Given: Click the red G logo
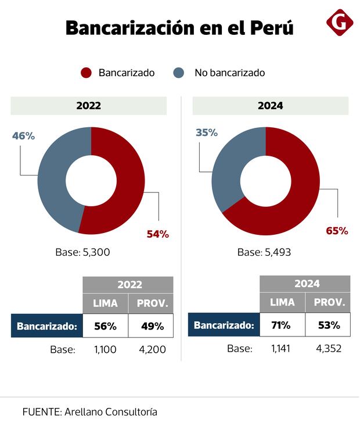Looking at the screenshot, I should coord(340,23).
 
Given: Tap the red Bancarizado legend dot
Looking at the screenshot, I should coord(87,73).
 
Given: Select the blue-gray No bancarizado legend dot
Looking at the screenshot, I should coord(179,73).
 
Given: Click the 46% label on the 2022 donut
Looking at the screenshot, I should coord(24,136).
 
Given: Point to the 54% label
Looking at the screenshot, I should coord(157,234).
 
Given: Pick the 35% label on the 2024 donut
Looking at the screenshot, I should coord(206,132).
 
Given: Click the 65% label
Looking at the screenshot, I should coord(337,231).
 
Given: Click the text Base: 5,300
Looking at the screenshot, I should coord(82,252).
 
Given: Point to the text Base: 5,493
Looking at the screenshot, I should coord(264,252).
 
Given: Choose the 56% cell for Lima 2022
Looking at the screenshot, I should coord(105,326).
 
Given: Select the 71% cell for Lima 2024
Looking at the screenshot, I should coord(282,325).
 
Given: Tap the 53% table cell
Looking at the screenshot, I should coord(329,325).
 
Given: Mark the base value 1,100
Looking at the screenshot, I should coord(105,350).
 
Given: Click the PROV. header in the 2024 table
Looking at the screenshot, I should coord(329,302).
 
